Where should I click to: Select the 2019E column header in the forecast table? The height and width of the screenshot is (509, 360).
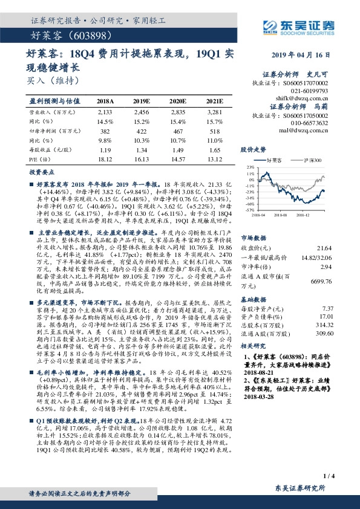140,101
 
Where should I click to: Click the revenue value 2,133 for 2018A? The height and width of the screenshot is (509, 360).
105,112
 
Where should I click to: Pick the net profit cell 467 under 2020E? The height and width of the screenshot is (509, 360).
176,131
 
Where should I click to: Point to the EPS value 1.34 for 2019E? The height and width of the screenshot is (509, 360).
140,149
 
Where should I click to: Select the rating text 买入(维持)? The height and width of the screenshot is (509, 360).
53,80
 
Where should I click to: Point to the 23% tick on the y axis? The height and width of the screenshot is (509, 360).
250,166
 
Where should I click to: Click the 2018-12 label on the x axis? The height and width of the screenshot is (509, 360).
303,213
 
